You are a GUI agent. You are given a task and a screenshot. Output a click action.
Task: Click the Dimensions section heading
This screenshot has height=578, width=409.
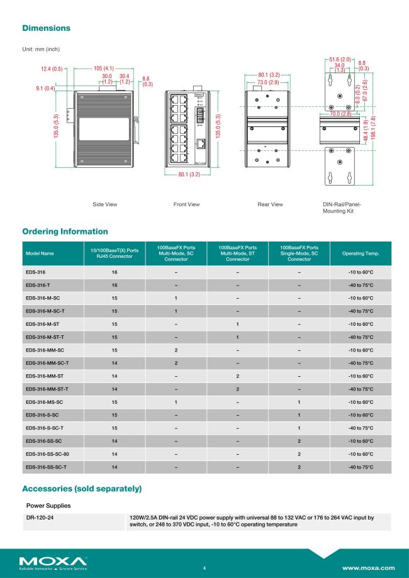[46, 28]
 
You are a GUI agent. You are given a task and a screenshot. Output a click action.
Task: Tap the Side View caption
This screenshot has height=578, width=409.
[104, 204]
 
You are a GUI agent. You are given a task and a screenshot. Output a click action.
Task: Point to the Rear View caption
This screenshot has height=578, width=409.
[270, 204]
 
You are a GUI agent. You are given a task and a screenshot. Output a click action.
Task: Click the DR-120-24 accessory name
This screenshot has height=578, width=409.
[39, 518]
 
